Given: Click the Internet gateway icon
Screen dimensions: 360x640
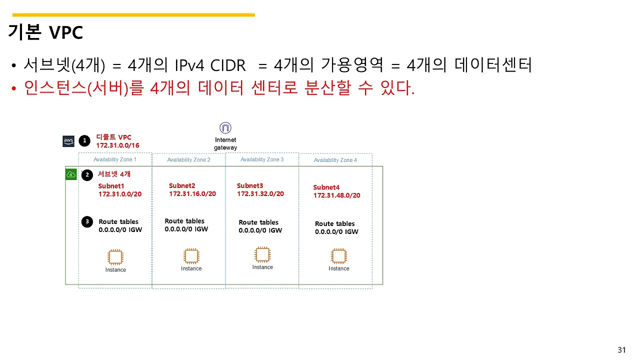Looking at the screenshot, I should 225,128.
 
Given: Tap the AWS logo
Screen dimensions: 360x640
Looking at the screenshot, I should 68,141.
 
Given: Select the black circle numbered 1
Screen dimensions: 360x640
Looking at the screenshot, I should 85,141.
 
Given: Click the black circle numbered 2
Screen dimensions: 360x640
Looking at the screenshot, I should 87,175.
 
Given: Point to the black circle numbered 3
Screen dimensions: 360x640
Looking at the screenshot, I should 87,221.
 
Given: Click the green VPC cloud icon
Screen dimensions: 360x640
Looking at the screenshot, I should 71,174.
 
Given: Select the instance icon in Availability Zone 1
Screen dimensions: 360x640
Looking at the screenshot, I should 115,257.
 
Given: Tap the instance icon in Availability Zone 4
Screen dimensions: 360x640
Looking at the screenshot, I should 338,256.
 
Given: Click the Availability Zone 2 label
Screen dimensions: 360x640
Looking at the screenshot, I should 188,160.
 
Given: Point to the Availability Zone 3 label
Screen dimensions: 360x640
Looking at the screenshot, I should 262,159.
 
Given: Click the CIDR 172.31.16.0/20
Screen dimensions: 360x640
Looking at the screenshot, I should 192,194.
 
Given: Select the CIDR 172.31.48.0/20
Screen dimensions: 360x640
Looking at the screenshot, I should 336,195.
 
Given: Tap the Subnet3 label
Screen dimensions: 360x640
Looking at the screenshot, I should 250,185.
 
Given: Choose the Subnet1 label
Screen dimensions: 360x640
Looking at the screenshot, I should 111,186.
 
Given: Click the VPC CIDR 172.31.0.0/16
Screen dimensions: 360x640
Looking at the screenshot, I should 117,145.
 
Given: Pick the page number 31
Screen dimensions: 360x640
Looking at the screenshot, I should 621,349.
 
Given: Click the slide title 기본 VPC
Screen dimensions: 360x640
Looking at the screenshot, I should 45,32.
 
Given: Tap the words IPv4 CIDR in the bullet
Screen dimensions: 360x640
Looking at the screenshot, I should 210,65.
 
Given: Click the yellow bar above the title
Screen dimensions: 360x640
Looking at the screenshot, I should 132,15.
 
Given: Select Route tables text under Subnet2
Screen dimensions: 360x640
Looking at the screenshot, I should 184,221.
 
